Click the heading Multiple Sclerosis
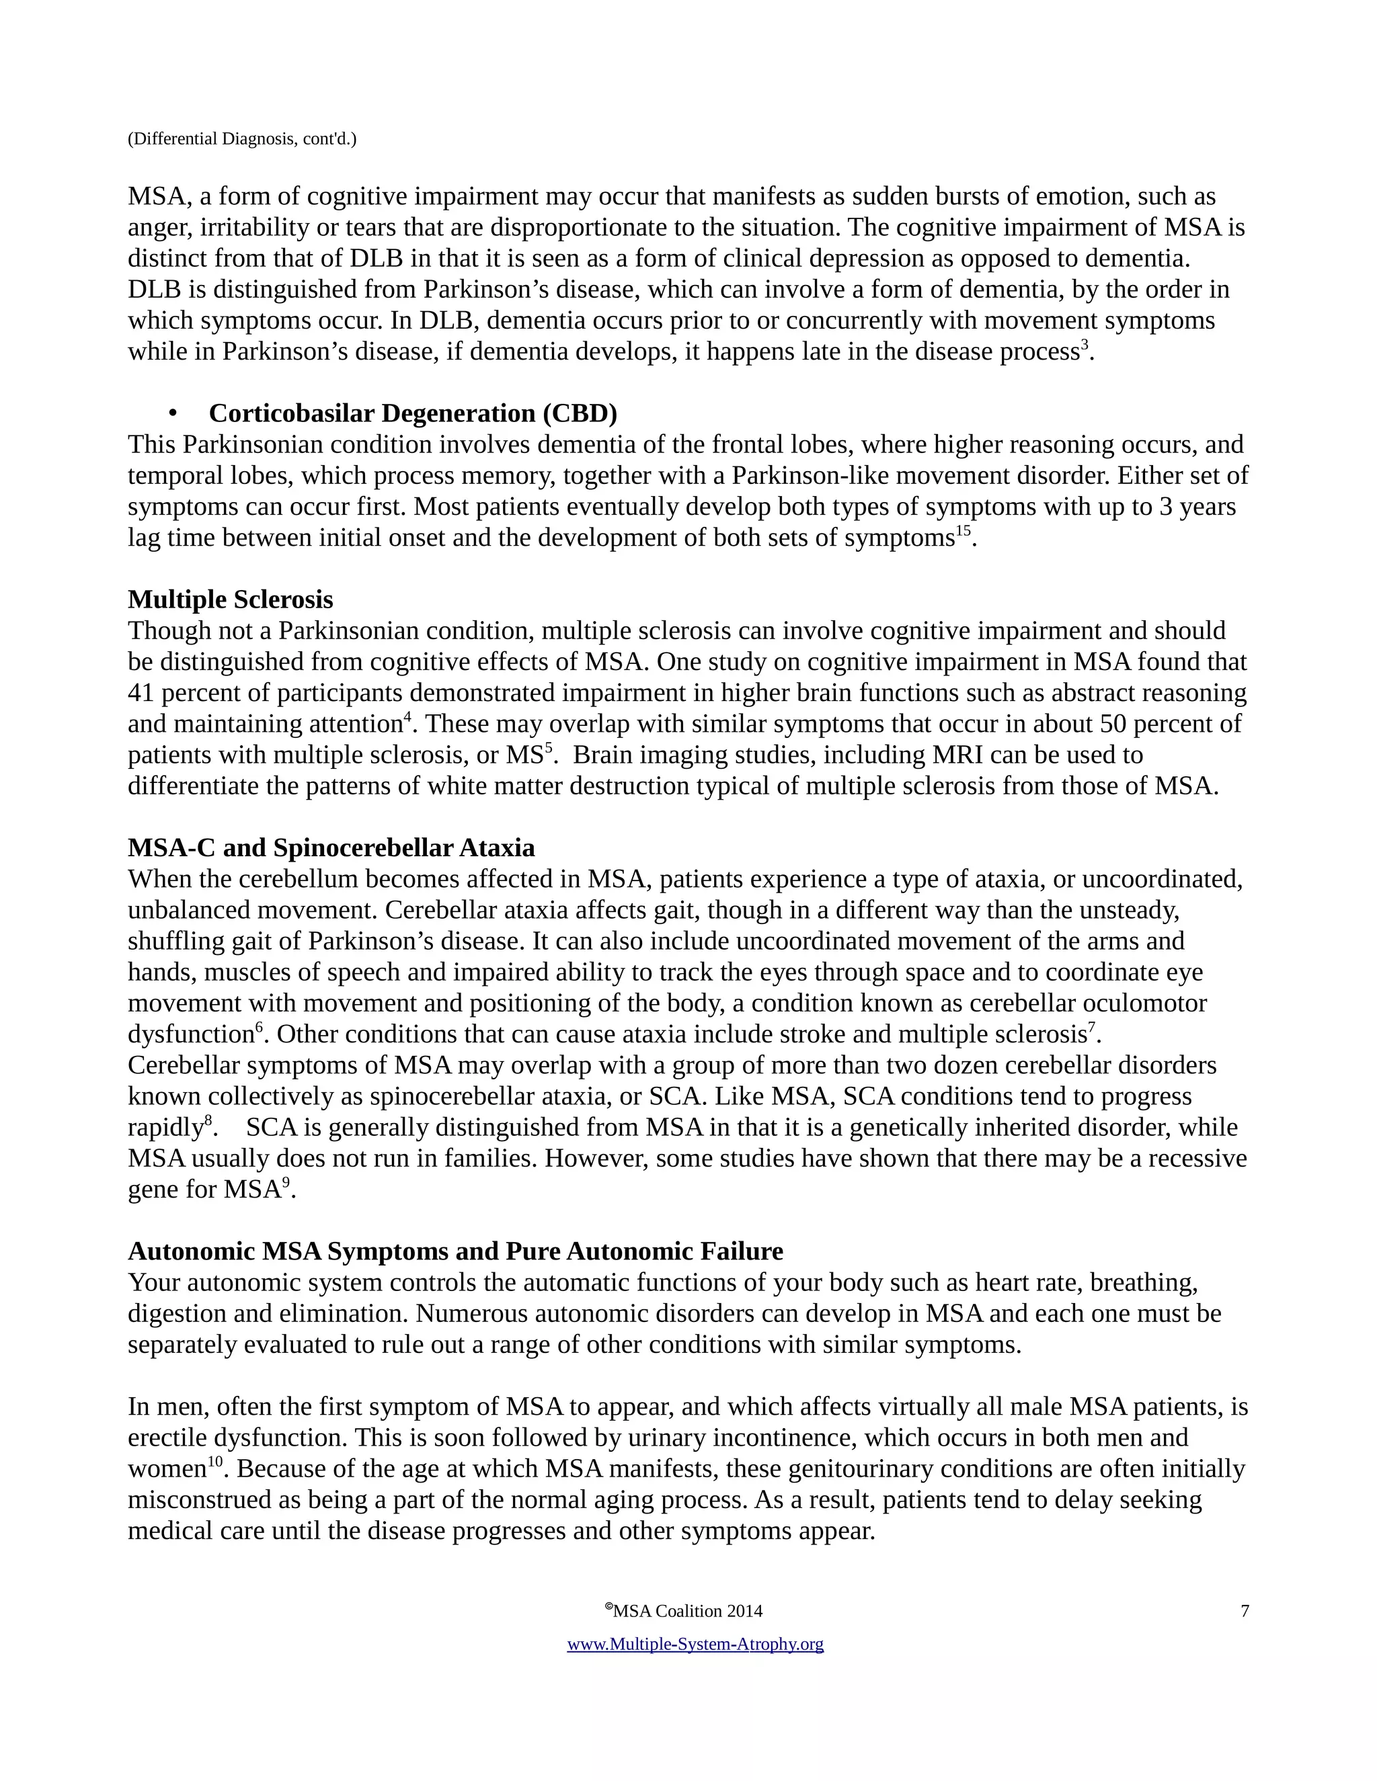(x=230, y=599)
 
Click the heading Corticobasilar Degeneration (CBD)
(x=413, y=413)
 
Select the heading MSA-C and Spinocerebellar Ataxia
(x=331, y=848)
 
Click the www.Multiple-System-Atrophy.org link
(x=695, y=1644)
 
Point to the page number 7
(x=1244, y=1610)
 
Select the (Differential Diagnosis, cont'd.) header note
(x=241, y=138)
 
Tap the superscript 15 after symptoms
(x=963, y=531)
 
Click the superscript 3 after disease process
(x=1084, y=345)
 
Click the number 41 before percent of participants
(x=141, y=693)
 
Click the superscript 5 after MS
(x=548, y=748)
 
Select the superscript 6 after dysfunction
(x=260, y=1028)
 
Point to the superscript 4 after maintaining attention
(x=407, y=717)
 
